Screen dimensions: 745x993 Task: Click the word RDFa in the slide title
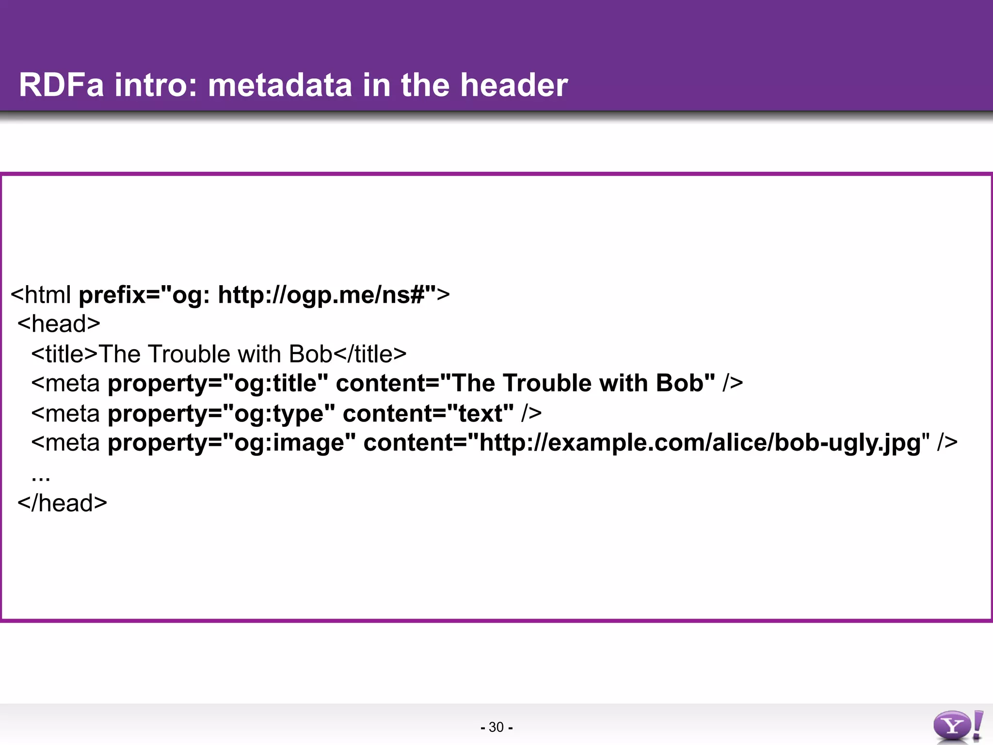coord(61,85)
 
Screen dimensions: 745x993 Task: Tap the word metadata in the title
coord(279,85)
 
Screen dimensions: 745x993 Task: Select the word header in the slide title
coord(513,85)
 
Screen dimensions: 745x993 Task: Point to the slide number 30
coord(496,727)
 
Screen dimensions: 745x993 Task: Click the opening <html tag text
coord(41,294)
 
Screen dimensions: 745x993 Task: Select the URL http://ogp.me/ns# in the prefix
coord(321,294)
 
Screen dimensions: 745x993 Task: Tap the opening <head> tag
coord(59,324)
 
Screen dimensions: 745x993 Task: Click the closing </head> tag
coord(62,503)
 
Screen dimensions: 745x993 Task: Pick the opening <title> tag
coord(64,354)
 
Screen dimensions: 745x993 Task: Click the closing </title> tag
coord(370,354)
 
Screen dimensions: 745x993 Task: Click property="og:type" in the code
coord(221,413)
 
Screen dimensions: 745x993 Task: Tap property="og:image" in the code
coord(232,443)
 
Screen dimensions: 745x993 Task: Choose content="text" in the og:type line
coord(428,413)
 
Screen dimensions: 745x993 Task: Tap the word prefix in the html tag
coord(112,294)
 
